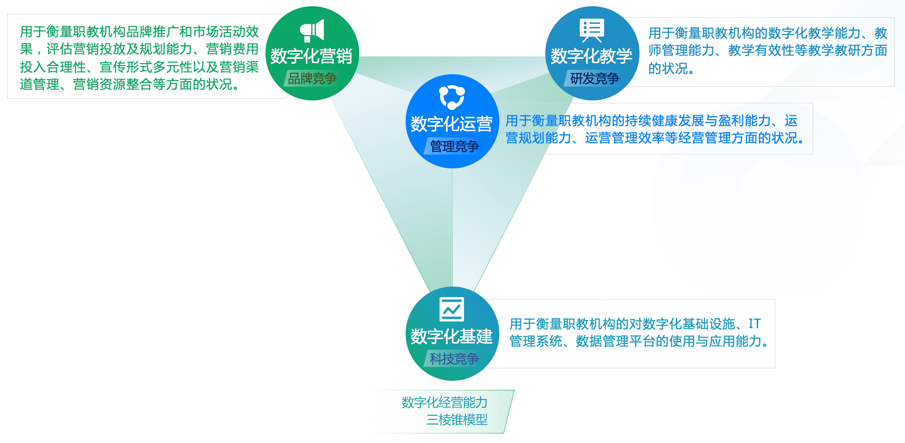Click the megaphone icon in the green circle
pos(312,31)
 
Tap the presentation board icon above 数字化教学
pos(592,30)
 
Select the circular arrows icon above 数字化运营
pos(452,97)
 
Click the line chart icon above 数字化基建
pos(452,309)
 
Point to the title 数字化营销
pos(311,56)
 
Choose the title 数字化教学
pos(592,56)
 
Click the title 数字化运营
pos(452,124)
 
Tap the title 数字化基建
pos(452,337)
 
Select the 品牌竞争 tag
pos(312,78)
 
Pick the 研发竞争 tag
pos(594,78)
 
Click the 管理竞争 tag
pos(453,146)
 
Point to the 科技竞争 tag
pos(453,359)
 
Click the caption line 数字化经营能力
pos(444,403)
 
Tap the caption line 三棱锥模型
pos(457,420)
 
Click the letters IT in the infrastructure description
pos(754,324)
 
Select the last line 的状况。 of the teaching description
pos(672,68)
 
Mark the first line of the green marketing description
pos(139,32)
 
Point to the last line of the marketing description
pos(130,85)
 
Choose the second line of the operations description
pos(655,138)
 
